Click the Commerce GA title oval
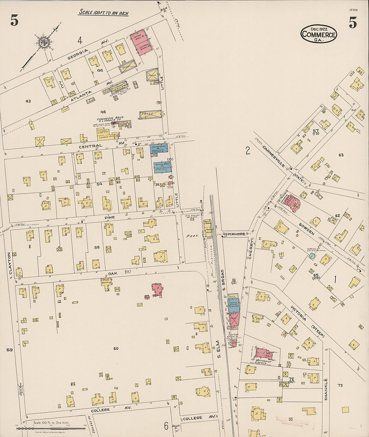coord(318,34)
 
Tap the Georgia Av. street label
coord(77,54)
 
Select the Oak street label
coord(113,273)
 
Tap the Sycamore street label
coord(235,234)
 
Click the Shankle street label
coord(325,389)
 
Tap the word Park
coord(193,236)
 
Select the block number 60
coord(116,349)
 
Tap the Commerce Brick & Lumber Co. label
coord(110,119)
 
